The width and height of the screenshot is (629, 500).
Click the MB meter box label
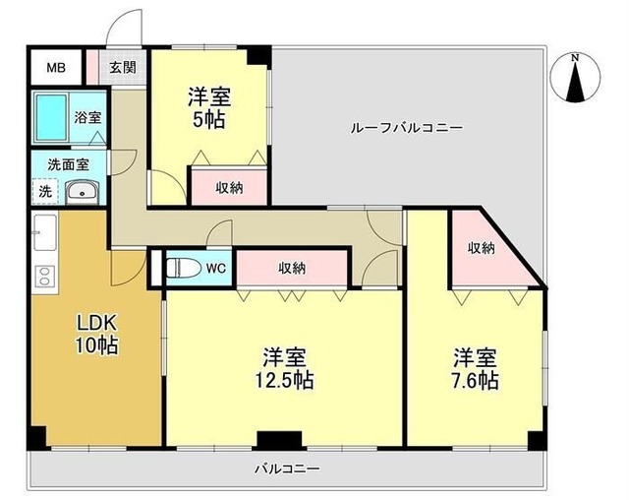[x=56, y=68]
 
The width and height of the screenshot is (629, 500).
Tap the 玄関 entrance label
[x=122, y=67]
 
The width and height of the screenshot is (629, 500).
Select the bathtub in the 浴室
[x=50, y=117]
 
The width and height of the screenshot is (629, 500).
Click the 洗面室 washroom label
[x=68, y=164]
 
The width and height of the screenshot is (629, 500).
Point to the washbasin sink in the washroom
[x=82, y=192]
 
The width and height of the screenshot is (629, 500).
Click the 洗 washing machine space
[x=45, y=192]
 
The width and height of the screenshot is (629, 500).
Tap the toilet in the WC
[x=184, y=268]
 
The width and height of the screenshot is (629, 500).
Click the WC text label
[x=216, y=268]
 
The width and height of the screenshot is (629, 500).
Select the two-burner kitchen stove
[x=45, y=276]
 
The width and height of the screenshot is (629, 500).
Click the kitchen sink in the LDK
[x=45, y=233]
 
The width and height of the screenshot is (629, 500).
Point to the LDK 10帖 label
[x=96, y=334]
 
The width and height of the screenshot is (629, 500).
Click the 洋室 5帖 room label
[x=209, y=107]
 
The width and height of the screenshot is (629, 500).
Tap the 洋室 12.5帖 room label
[x=284, y=368]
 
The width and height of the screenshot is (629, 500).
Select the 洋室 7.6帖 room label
[x=476, y=369]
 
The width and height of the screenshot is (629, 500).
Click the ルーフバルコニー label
[x=407, y=128]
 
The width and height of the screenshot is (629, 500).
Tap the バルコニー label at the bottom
[x=287, y=469]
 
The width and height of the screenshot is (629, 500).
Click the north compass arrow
[x=576, y=78]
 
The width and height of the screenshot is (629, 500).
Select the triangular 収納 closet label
[x=481, y=248]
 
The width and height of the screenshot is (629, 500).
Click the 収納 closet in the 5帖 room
[x=229, y=188]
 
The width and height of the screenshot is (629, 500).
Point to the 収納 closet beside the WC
[x=292, y=268]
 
